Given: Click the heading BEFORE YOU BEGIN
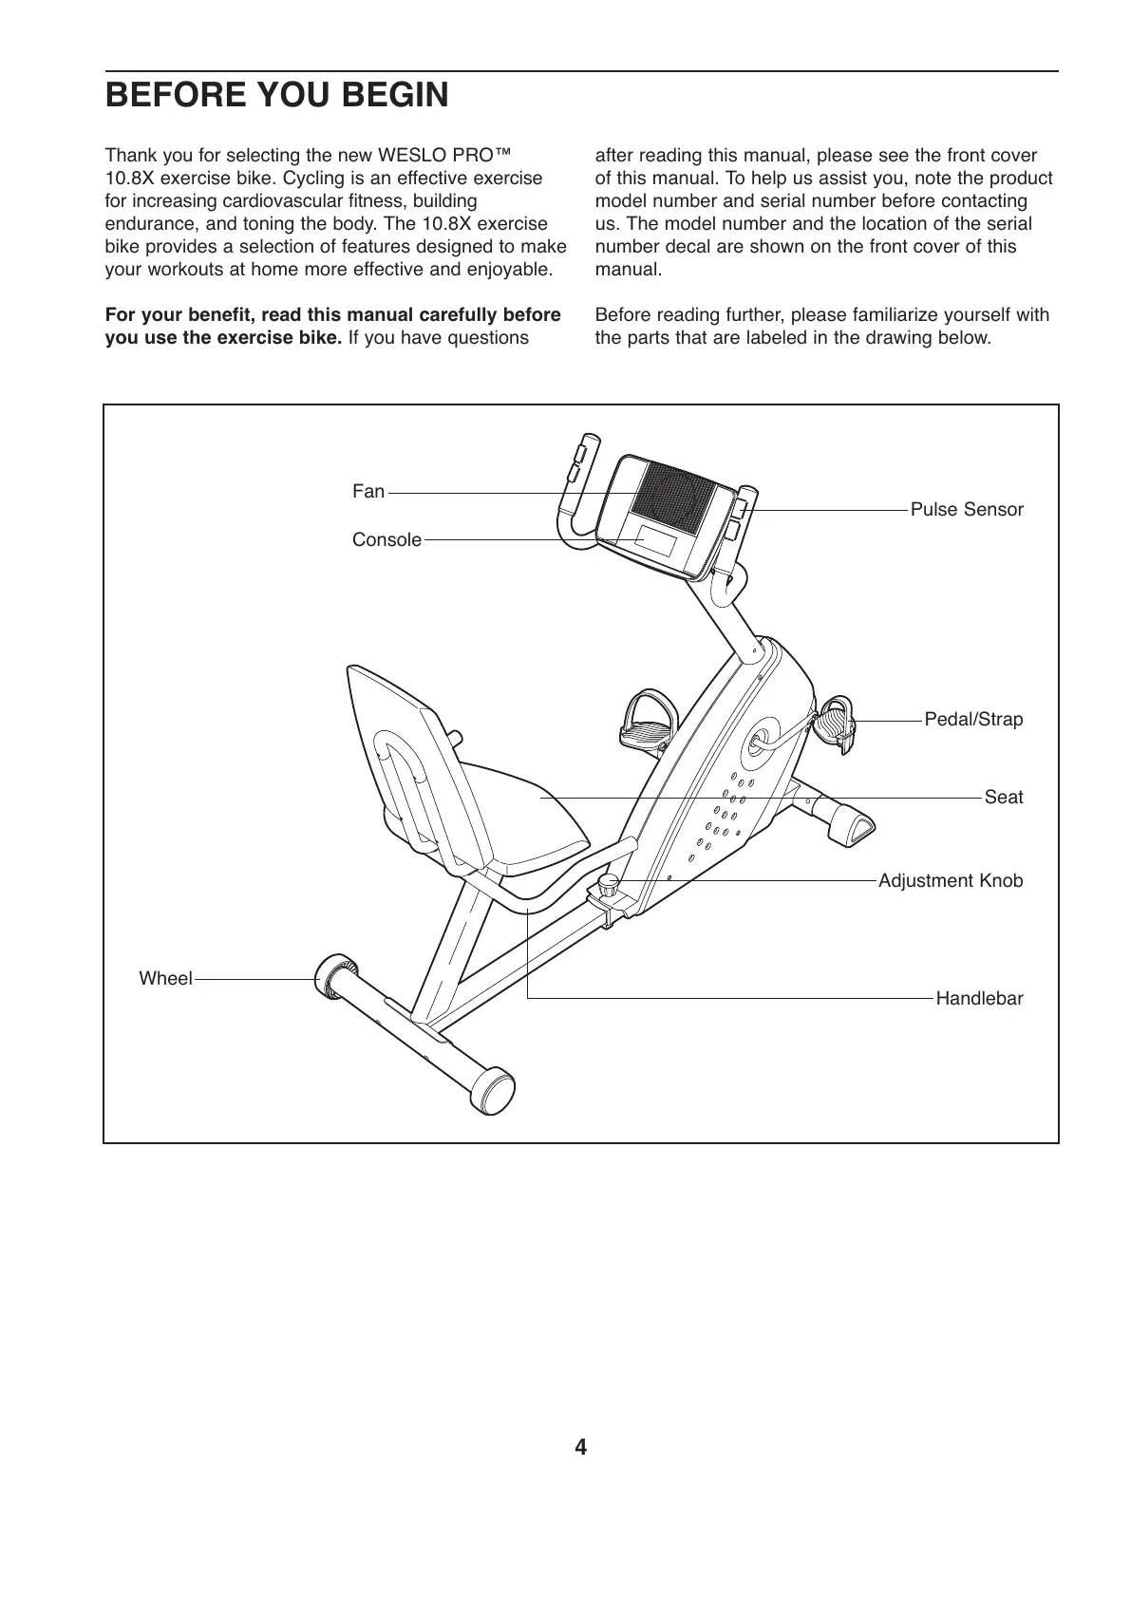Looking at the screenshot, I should [276, 96].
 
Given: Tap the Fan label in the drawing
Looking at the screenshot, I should [368, 492].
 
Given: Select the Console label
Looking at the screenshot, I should [386, 540].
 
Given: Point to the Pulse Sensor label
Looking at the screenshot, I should [967, 510].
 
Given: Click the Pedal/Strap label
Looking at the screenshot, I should [973, 720].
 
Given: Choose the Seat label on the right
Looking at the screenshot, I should [1003, 798].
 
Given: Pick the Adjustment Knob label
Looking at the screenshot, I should [951, 881].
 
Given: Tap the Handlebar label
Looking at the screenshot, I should [979, 999].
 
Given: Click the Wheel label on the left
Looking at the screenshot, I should [165, 979].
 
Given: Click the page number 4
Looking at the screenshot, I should [580, 1448].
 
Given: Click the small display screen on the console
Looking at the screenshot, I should [656, 542].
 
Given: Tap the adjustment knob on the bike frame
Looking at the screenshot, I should [608, 887].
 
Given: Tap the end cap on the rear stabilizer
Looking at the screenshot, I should [495, 1089].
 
